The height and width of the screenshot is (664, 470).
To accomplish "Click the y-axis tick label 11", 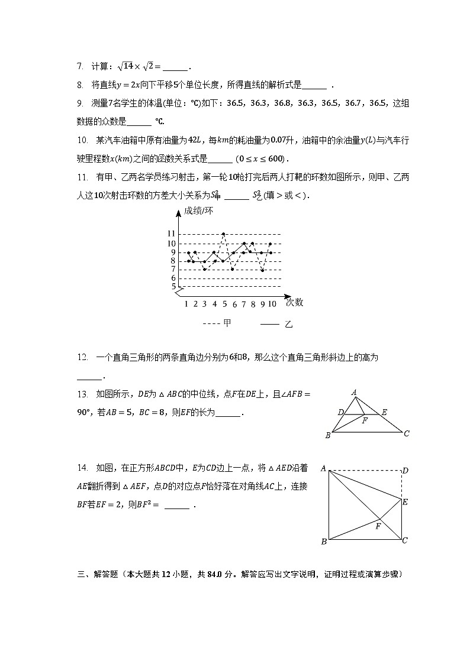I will coord(171,234).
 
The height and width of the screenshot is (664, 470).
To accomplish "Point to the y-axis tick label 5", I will coord(173,287).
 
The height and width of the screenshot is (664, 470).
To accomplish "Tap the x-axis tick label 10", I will coord(272,304).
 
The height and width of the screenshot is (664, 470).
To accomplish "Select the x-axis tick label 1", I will coord(186,304).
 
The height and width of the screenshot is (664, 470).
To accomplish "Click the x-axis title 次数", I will coord(294,302).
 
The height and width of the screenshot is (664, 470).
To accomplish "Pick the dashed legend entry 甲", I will coord(227,323).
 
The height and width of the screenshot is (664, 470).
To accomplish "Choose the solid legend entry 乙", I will coord(289,324).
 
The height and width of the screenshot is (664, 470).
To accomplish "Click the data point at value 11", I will coord(223,234).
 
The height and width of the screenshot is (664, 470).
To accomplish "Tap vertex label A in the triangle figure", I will coord(353,392).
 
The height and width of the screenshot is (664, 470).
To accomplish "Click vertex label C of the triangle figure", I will coord(407,433).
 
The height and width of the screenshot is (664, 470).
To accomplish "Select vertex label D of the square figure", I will coord(405,471).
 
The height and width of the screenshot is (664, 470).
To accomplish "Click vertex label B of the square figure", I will coord(324,542).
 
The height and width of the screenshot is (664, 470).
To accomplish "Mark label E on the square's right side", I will coord(405,502).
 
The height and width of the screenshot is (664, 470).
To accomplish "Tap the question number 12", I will coord(82,357).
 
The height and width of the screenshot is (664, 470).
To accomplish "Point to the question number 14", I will coord(82,468).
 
